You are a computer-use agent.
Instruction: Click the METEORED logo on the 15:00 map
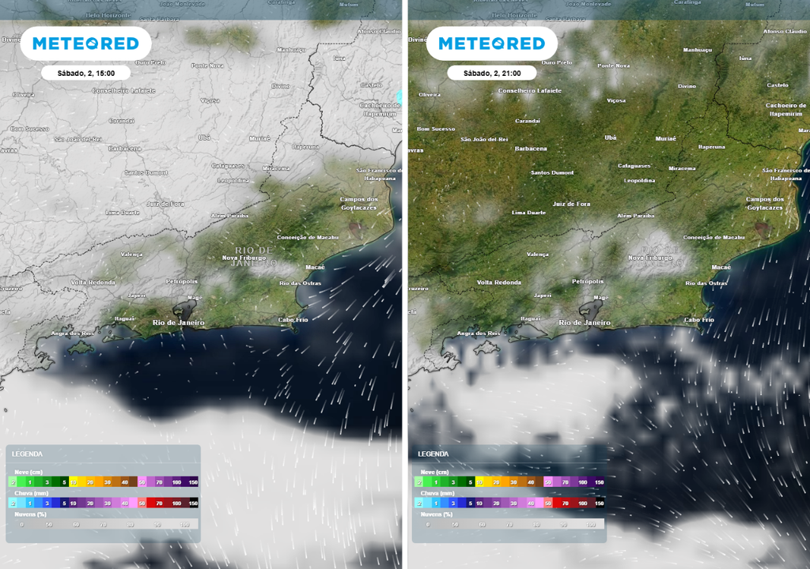[86, 44]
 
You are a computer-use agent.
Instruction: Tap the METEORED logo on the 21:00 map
[492, 44]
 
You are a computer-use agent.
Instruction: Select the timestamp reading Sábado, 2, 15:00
[86, 73]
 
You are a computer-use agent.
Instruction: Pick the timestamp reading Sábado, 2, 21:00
[492, 73]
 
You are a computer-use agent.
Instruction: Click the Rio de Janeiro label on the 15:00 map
[178, 322]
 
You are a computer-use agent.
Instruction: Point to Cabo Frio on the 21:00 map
[698, 319]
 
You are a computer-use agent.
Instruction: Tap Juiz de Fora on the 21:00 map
[571, 204]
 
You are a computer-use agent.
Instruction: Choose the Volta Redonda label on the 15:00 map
[93, 282]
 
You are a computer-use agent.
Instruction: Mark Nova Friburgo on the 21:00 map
[650, 258]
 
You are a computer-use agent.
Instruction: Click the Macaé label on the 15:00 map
[315, 267]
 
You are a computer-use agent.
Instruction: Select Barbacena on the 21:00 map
[531, 149]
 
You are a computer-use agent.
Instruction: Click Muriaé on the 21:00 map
[666, 138]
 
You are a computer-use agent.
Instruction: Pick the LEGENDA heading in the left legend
[27, 454]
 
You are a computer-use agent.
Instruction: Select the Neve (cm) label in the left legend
[27, 471]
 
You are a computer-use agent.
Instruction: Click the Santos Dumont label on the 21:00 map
[552, 172]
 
